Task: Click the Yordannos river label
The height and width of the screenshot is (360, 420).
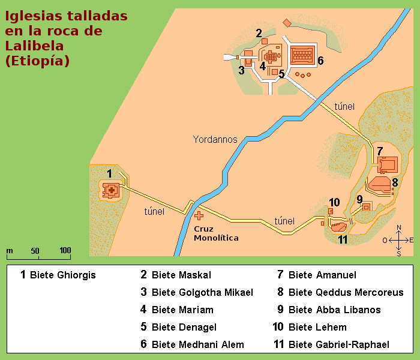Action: coord(215,139)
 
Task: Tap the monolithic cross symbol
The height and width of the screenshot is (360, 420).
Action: coord(198,215)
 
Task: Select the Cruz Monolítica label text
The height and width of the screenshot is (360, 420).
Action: coord(216,233)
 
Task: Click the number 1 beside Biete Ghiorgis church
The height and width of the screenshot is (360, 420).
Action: coord(109,173)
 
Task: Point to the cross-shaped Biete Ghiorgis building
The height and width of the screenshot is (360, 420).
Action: coord(111,191)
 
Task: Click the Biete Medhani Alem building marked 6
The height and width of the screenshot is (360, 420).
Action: coord(303,56)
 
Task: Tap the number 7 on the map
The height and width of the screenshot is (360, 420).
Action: coord(379,151)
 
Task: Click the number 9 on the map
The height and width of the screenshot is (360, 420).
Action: coord(359,199)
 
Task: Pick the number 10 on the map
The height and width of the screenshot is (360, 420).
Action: coord(334,202)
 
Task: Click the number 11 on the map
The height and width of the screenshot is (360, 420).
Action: coord(343,240)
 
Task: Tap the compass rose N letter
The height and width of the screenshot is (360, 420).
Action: coord(399,227)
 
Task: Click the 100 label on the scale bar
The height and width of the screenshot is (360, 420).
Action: coord(65,250)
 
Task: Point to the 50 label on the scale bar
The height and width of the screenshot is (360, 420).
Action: coord(35,250)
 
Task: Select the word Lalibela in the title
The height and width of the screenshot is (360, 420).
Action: coord(35,46)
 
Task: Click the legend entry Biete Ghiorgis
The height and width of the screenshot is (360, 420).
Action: coord(62,275)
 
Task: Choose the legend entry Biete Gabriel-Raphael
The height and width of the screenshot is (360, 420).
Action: coord(338,344)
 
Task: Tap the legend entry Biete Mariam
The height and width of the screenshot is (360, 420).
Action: coord(182,310)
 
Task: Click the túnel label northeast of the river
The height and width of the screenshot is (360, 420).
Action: coord(344,106)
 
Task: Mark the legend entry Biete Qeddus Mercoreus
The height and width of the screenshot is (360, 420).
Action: coord(346,293)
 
